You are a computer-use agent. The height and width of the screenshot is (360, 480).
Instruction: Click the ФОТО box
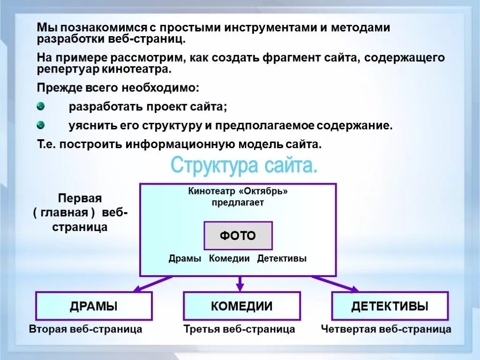pyautogui.click(x=238, y=235)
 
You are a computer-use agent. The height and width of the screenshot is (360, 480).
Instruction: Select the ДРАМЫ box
pyautogui.click(x=94, y=306)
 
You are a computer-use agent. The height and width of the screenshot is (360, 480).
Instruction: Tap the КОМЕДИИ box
pyautogui.click(x=241, y=306)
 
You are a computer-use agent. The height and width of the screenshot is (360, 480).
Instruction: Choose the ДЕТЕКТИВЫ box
pyautogui.click(x=390, y=306)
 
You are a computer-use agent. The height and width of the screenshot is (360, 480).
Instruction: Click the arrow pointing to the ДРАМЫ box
pyautogui.click(x=152, y=284)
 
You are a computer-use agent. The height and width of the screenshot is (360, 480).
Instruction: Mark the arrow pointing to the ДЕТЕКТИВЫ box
pyautogui.click(x=335, y=284)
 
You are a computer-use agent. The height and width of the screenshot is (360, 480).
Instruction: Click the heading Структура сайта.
pyautogui.click(x=244, y=166)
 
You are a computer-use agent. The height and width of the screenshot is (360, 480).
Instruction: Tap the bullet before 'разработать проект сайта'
pyautogui.click(x=41, y=106)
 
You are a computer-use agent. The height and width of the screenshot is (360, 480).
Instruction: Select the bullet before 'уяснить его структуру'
pyautogui.click(x=41, y=125)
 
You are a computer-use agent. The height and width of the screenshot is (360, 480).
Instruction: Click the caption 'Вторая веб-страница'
pyautogui.click(x=85, y=329)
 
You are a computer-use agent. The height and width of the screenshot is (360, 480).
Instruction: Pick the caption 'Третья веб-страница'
pyautogui.click(x=239, y=329)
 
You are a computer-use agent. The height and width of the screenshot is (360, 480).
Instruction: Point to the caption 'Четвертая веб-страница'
pyautogui.click(x=386, y=329)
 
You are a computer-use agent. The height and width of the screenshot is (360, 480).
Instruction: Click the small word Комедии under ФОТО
pyautogui.click(x=229, y=258)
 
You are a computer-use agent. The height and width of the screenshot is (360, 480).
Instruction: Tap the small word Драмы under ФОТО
pyautogui.click(x=185, y=258)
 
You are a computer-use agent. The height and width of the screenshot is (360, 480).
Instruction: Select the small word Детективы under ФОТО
pyautogui.click(x=282, y=258)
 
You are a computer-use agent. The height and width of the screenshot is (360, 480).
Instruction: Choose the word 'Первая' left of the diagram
pyautogui.click(x=80, y=198)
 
